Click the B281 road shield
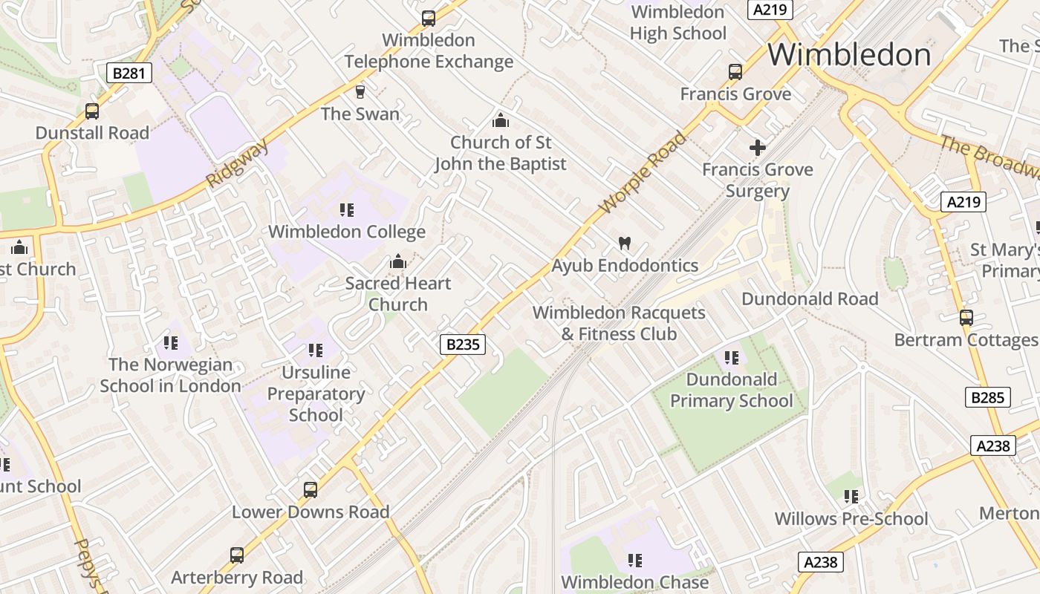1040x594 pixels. [129, 73]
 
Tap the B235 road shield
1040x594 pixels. [463, 344]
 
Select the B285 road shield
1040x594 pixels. [988, 397]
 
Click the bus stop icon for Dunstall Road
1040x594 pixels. [92, 111]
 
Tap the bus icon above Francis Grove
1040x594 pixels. [735, 72]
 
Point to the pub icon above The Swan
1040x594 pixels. [360, 92]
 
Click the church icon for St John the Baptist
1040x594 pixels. [501, 120]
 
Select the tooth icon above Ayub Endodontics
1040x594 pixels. [625, 243]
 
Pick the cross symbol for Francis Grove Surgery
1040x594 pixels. [758, 148]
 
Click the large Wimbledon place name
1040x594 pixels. [849, 55]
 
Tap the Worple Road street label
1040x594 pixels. [643, 173]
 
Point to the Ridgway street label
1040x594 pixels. [237, 165]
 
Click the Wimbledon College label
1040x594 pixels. [347, 232]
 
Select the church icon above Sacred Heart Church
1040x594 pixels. [398, 261]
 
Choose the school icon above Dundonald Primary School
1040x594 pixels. [732, 358]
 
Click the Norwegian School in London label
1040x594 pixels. [171, 375]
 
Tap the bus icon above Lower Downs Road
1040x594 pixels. [311, 490]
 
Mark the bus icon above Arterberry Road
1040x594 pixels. [237, 555]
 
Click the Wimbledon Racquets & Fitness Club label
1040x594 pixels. [619, 323]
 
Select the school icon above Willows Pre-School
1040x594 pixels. [851, 496]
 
